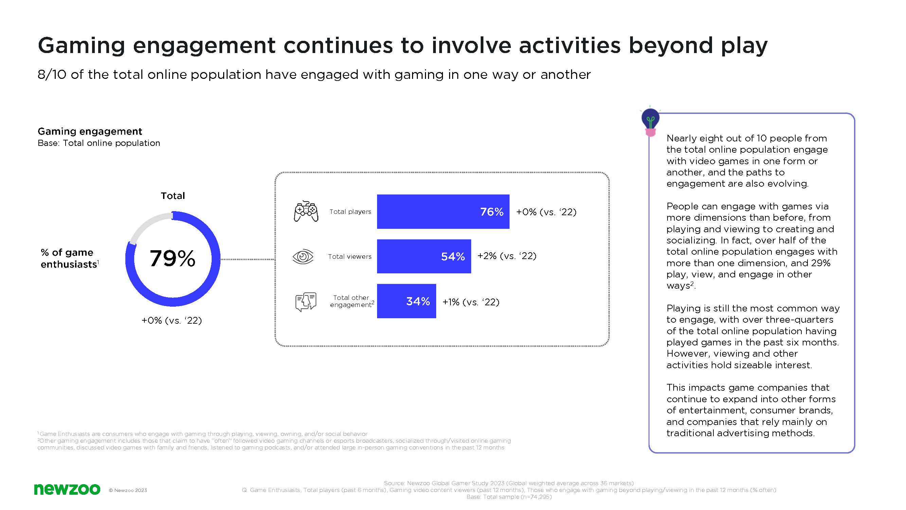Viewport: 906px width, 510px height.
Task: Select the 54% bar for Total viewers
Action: [424, 256]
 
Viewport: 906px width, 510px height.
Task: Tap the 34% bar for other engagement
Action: [406, 301]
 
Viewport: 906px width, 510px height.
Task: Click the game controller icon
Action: [306, 211]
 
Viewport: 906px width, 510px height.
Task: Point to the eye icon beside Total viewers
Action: [303, 256]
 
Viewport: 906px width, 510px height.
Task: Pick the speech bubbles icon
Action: [306, 302]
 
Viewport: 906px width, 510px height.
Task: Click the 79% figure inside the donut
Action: [172, 259]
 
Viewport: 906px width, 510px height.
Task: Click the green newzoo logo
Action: [67, 489]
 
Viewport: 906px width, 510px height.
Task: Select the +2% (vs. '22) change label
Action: [507, 256]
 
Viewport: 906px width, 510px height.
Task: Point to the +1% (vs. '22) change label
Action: [470, 302]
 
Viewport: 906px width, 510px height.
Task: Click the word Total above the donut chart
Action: [173, 196]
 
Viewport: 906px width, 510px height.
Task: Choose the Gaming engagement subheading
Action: [90, 131]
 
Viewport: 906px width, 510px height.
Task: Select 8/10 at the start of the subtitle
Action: [52, 74]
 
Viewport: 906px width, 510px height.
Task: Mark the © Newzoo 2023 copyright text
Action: [128, 490]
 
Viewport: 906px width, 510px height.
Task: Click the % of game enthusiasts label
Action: [69, 258]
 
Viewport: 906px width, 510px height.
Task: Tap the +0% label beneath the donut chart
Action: [171, 320]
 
